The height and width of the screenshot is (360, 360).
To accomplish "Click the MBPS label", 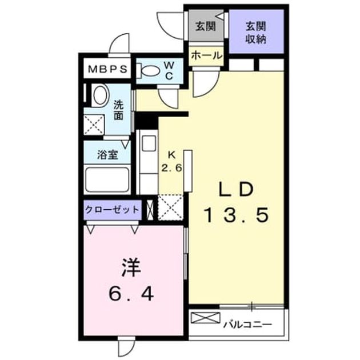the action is [107, 69].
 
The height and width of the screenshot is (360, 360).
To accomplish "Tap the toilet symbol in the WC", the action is [148, 70].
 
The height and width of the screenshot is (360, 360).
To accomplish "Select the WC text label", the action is [169, 71].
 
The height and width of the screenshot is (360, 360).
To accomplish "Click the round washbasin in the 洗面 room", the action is [100, 95].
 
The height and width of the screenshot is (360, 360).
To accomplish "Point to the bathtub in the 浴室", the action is [107, 179].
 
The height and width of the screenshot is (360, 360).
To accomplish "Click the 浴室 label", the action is [107, 154].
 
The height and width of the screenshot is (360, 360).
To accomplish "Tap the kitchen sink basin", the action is [149, 143].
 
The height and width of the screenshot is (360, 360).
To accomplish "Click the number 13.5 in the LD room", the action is [237, 215].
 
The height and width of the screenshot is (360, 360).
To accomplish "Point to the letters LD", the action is [237, 189].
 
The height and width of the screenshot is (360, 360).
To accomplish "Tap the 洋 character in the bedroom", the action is [131, 267].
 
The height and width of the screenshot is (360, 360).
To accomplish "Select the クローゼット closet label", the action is [112, 209].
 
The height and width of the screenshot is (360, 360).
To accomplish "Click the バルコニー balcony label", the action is [248, 325].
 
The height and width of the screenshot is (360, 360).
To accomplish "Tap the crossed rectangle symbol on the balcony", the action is [205, 318].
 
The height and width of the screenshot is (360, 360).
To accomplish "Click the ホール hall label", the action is [207, 55].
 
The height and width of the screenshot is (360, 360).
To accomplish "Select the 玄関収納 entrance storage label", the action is [256, 33].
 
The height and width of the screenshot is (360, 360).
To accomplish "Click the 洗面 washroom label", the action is [119, 111].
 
